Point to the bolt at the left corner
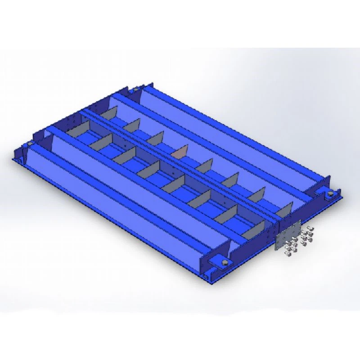pyautogui.click(x=30, y=144)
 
